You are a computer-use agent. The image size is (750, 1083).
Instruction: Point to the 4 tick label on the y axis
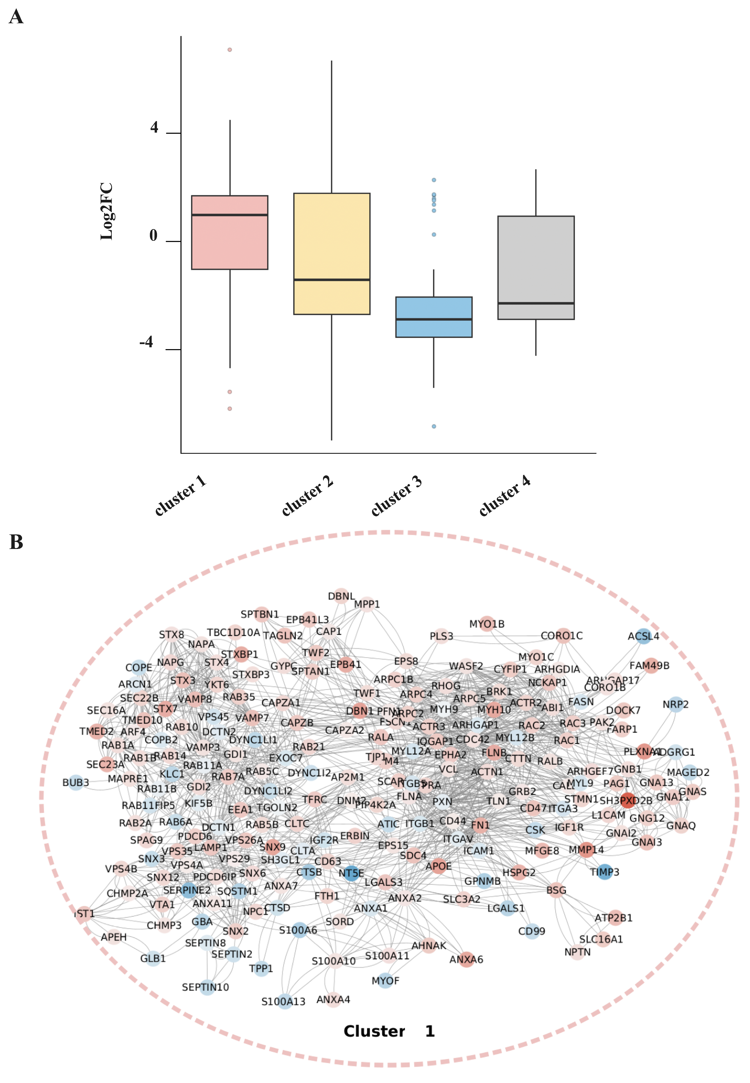154,128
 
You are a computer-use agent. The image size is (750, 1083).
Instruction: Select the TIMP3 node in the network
605,872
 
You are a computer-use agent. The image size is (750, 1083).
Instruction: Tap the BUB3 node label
76,782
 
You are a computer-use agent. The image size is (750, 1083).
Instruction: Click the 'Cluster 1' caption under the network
389,1031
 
